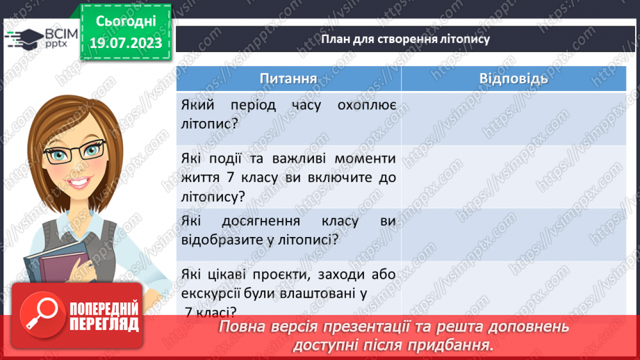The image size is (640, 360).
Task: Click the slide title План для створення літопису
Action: click(405, 39)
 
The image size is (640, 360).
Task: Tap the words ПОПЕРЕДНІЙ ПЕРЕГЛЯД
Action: click(104, 316)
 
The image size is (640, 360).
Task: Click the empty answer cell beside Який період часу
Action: click(514, 114)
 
